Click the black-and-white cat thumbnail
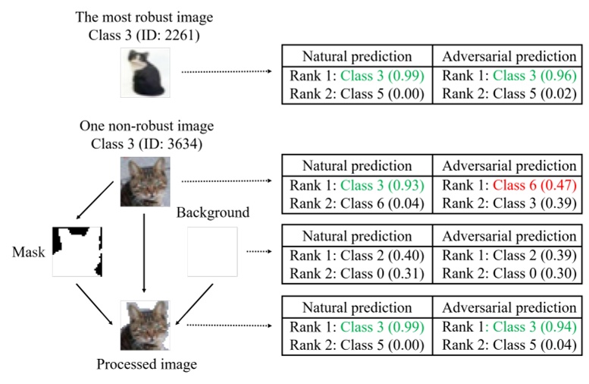[145, 73]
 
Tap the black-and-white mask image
[77, 252]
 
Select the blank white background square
[212, 252]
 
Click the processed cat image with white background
[145, 326]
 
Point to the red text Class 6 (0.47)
[534, 185]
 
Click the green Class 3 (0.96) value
[534, 76]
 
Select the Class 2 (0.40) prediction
[382, 256]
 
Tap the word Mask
[29, 252]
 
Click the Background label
[213, 212]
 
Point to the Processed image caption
[147, 364]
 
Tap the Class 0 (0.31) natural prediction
[382, 273]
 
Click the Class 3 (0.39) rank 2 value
[534, 203]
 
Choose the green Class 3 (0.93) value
[382, 185]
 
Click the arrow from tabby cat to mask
[95, 200]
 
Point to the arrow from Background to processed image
[194, 304]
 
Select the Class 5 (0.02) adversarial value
[534, 93]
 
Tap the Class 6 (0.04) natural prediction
[382, 203]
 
